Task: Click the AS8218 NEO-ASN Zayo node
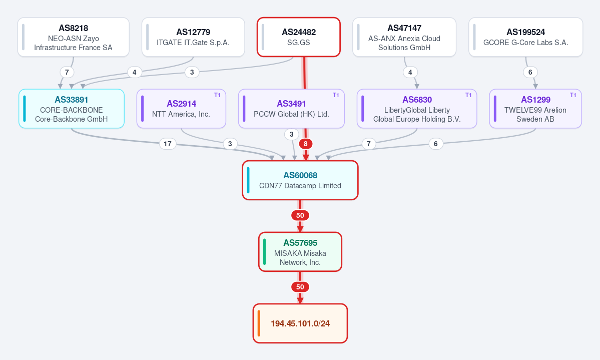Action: pyautogui.click(x=74, y=37)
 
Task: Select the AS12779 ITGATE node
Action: pyautogui.click(x=193, y=37)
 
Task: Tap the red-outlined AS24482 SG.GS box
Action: pyautogui.click(x=299, y=37)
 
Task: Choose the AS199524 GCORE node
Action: pyautogui.click(x=526, y=37)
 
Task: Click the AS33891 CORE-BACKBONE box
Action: pyautogui.click(x=72, y=109)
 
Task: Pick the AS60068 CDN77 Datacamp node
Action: pyautogui.click(x=300, y=180)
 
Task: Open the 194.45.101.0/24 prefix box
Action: pyautogui.click(x=300, y=323)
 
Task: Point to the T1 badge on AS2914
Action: pyautogui.click(x=217, y=95)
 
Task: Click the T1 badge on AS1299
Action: pyautogui.click(x=573, y=95)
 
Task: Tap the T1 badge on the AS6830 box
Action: pyautogui.click(x=468, y=95)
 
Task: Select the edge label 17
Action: pyautogui.click(x=168, y=144)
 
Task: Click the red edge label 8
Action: pyautogui.click(x=305, y=144)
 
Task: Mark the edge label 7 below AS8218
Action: pyautogui.click(x=67, y=72)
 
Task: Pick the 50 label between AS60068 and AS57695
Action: pyautogui.click(x=300, y=215)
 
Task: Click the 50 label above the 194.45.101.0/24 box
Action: pyautogui.click(x=300, y=287)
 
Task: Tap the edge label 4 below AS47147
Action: pyautogui.click(x=410, y=72)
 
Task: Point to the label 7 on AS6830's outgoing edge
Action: pyautogui.click(x=368, y=144)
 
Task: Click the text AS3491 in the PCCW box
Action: pyautogui.click(x=292, y=104)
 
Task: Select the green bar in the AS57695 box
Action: pyautogui.click(x=264, y=252)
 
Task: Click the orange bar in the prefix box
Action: pyautogui.click(x=259, y=323)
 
